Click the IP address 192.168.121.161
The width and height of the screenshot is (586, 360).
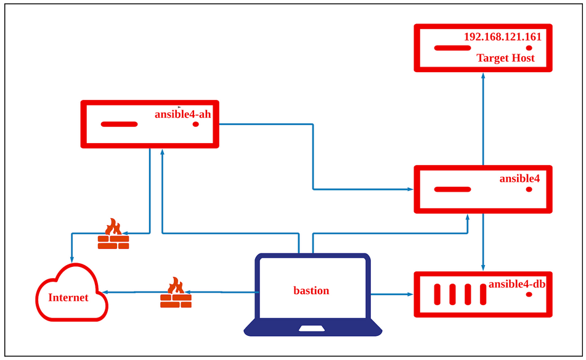[502, 37]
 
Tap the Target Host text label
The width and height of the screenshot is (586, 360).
[505, 58]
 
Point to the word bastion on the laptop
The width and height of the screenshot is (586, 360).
[311, 290]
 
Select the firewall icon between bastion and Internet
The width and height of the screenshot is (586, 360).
[176, 293]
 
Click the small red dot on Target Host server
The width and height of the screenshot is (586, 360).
[529, 47]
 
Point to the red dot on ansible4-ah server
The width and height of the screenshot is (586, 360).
[196, 124]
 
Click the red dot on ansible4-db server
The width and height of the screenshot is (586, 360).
[529, 295]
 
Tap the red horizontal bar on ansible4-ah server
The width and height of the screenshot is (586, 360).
[119, 124]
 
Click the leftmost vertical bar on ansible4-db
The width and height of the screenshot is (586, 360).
[438, 294]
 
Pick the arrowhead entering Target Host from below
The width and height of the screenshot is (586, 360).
[483, 75]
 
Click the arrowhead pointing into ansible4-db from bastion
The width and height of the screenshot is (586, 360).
[409, 295]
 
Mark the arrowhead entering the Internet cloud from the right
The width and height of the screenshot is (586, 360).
[108, 292]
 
